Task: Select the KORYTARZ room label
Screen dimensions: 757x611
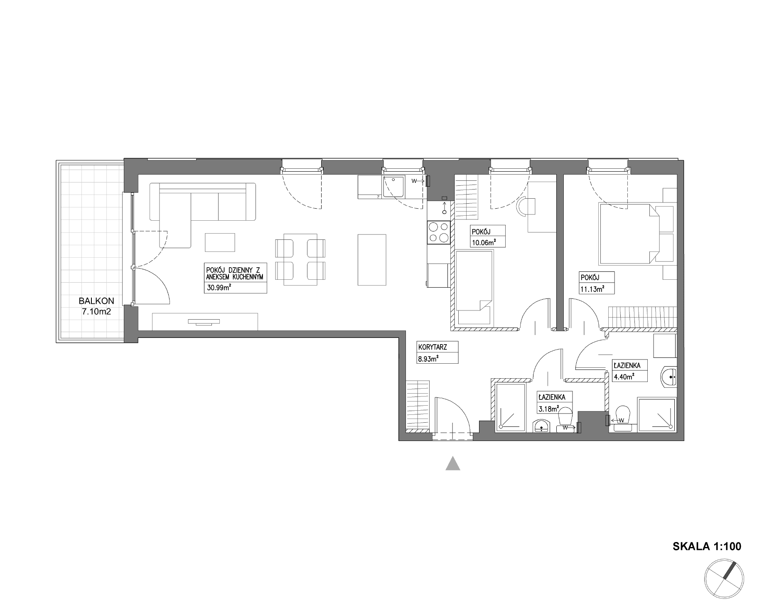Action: tap(432, 347)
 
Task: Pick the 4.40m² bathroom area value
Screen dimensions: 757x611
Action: tap(624, 377)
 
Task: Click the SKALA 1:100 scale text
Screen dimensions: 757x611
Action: tap(707, 546)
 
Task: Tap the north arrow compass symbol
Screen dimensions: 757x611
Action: tap(723, 578)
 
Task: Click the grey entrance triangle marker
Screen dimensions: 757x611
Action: tap(452, 463)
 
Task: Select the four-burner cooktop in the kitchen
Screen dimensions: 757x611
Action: tap(439, 232)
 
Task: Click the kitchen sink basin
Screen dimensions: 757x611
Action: tap(394, 186)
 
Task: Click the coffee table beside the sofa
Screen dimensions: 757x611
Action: tap(220, 242)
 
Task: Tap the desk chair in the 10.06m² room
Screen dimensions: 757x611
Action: tap(526, 207)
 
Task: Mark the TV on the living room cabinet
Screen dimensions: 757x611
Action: tap(204, 321)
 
